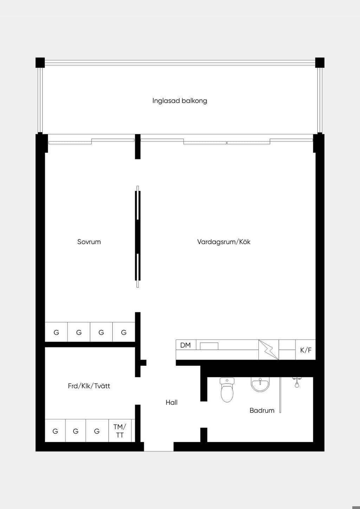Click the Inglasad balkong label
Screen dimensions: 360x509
[180, 101]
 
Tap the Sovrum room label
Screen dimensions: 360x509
[89, 241]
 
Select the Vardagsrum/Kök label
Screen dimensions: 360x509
[224, 241]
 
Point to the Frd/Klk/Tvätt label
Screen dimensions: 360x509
[89, 386]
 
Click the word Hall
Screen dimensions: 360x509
[172, 402]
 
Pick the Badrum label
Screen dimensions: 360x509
[262, 410]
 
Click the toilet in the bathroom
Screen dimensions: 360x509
[227, 389]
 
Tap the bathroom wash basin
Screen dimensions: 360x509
[260, 385]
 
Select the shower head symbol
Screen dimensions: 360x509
[297, 382]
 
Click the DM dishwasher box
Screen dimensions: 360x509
[186, 345]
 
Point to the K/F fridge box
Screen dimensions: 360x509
[306, 350]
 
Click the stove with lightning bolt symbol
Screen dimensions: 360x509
[269, 350]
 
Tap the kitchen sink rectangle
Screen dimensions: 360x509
[209, 346]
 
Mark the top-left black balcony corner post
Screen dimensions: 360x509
[40, 63]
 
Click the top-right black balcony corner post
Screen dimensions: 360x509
[320, 63]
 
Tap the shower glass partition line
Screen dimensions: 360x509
[280, 395]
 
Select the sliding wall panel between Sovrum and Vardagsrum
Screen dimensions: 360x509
[137, 237]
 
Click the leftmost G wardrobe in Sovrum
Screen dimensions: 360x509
[56, 332]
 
